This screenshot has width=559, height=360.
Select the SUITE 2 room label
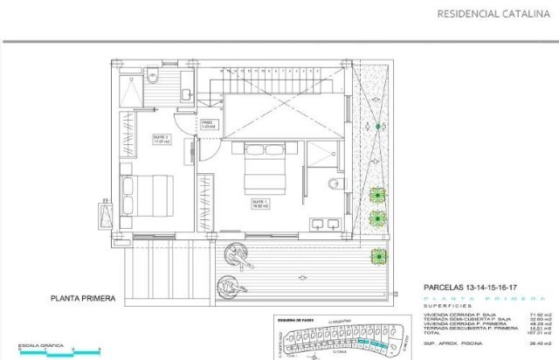tap(161, 139)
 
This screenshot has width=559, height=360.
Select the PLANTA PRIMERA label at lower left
tap(83, 298)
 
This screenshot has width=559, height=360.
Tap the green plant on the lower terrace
tap(378, 255)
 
